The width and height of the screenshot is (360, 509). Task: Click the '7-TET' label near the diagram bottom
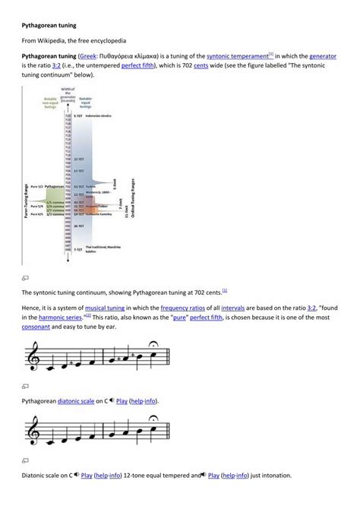pyautogui.click(x=78, y=248)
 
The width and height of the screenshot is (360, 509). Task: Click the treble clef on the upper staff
pyautogui.click(x=33, y=355)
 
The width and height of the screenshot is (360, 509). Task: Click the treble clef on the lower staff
pyautogui.click(x=33, y=434)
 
